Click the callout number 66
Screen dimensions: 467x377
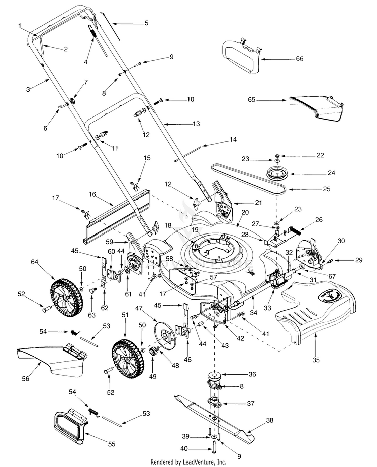(x=299, y=59)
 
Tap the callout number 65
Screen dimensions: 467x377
(x=251, y=100)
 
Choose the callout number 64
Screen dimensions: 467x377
(x=35, y=262)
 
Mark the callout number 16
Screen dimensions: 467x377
(x=92, y=193)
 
